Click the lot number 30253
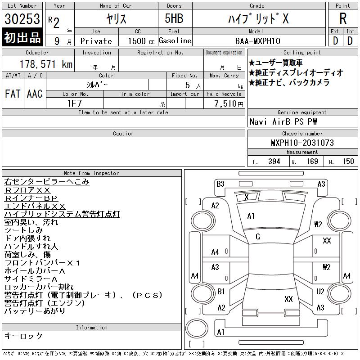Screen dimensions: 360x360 22,18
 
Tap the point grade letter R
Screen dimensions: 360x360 343,18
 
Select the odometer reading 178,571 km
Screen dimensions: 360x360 46,64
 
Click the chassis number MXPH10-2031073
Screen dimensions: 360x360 302,143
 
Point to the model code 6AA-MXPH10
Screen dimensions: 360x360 257,41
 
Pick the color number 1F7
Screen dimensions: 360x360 74,103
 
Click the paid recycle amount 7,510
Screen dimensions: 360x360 229,103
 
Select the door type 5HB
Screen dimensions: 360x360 174,18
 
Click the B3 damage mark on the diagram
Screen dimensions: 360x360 220,184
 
